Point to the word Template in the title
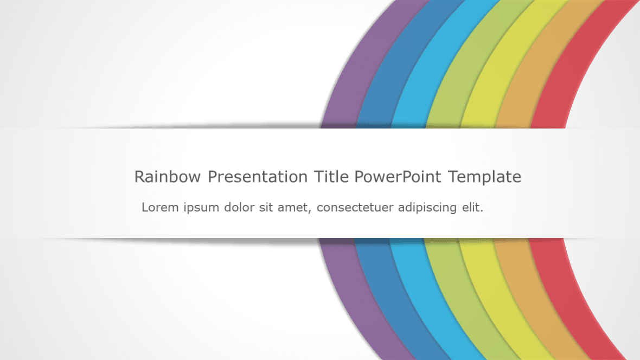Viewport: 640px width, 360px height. click(x=485, y=177)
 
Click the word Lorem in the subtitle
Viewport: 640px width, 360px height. click(x=159, y=207)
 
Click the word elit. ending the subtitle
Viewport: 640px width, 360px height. click(x=471, y=207)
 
